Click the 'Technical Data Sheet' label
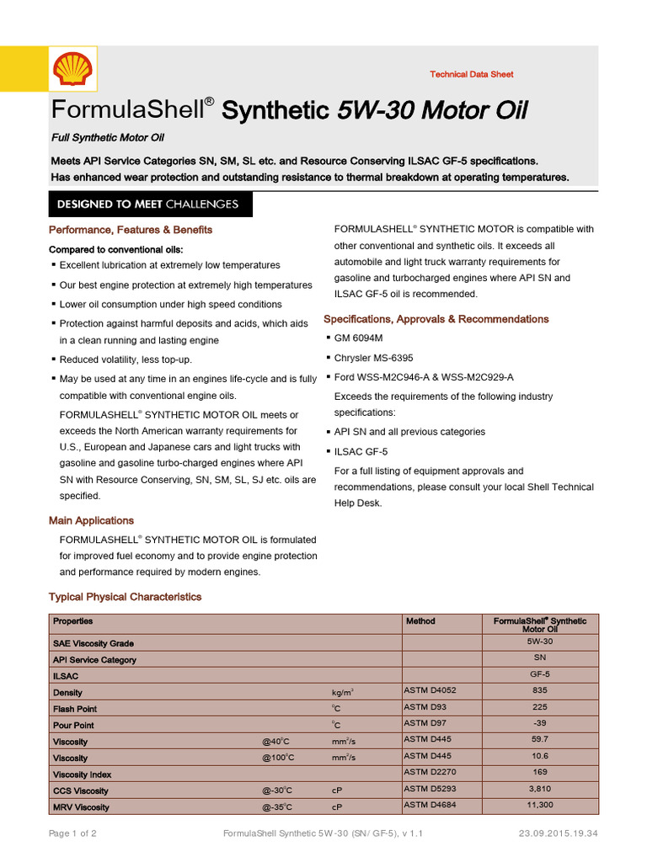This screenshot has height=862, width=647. pos(471,75)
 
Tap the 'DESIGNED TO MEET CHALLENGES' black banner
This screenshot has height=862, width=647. pos(147,205)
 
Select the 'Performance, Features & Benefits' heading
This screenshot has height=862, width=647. pos(131,230)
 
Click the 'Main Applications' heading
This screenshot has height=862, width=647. pos(91,520)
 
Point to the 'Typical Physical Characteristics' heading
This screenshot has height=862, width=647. pos(125,597)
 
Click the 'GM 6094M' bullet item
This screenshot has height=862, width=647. pos(359,338)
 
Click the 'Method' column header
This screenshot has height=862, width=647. pos(420,621)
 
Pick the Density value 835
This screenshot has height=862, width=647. pos(540,690)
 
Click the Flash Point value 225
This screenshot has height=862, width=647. pos(540,707)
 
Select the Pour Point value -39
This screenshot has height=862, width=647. pos(540,723)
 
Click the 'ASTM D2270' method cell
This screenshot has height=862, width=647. pos(430,772)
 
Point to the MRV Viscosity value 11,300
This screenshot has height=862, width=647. pos(540,805)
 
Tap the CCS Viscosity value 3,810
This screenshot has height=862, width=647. pos(540,789)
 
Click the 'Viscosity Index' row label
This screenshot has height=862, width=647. pos(82,774)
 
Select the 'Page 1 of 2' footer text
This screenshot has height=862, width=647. pos(72,834)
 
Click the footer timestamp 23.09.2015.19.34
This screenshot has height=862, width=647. pos(559,834)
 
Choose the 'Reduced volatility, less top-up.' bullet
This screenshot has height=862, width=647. pos(125,359)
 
